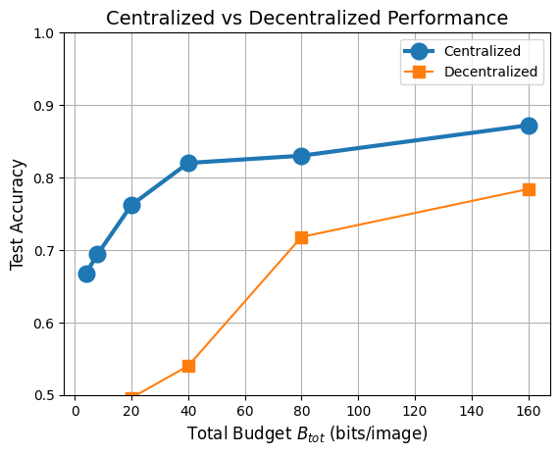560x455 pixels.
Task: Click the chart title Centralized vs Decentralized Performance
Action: coord(307,18)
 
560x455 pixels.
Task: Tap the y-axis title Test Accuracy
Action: coord(17,215)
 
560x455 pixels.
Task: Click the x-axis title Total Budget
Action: coord(307,433)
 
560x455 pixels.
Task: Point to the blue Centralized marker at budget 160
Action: coord(529,126)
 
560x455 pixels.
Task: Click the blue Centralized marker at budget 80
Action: coord(301,156)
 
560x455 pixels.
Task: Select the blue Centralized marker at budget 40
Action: coord(188,163)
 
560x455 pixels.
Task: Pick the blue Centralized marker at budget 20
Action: coord(131,205)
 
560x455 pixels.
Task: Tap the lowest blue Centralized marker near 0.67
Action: coord(86,274)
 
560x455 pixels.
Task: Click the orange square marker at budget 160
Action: coord(529,189)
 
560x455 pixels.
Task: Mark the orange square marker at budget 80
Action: coord(301,237)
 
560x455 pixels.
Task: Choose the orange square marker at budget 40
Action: coord(188,366)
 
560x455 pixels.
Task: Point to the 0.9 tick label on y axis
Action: coord(44,106)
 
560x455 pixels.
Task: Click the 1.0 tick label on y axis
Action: coord(44,33)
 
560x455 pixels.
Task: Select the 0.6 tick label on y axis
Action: coord(44,324)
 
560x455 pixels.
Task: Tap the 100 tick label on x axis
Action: coord(358,410)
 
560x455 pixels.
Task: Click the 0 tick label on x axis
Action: coord(75,410)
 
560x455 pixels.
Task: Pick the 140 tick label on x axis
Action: coord(472,410)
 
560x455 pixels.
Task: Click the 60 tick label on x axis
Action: coord(244,410)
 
